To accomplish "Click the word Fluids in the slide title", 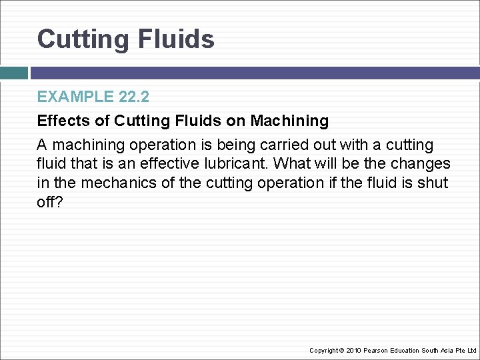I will tap(177, 39).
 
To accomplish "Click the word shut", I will tap(434, 183).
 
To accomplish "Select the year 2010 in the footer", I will tap(353, 350).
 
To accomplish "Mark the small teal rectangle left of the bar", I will tap(13, 73).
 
